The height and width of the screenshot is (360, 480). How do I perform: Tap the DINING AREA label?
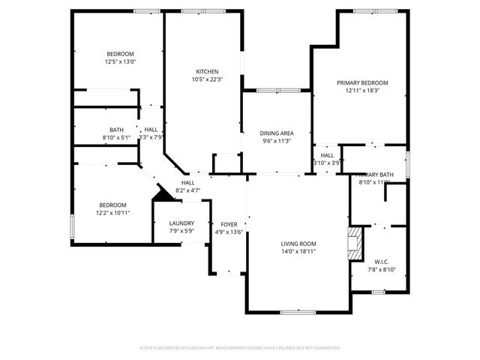[x=276, y=133]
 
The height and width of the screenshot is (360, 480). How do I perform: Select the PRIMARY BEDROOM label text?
[x=362, y=82]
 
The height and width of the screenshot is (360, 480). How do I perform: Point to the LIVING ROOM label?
[x=298, y=244]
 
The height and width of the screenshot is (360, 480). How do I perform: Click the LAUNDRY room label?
[x=181, y=223]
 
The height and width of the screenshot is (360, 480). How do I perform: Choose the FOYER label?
[x=228, y=224]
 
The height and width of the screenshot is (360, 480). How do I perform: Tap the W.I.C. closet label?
[x=380, y=262]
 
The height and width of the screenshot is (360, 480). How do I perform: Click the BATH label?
[x=116, y=130]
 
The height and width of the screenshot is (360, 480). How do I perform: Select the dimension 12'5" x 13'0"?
[x=120, y=62]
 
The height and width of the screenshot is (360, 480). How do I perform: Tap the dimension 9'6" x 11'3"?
[x=276, y=141]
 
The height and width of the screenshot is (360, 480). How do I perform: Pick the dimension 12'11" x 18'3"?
[x=362, y=90]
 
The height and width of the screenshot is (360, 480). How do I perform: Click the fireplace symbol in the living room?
[x=354, y=244]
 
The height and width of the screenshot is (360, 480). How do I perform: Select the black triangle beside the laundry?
[x=160, y=194]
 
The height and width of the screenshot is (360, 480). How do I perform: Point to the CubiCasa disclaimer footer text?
[x=240, y=348]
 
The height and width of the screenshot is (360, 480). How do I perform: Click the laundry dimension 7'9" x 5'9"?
[x=181, y=231]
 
